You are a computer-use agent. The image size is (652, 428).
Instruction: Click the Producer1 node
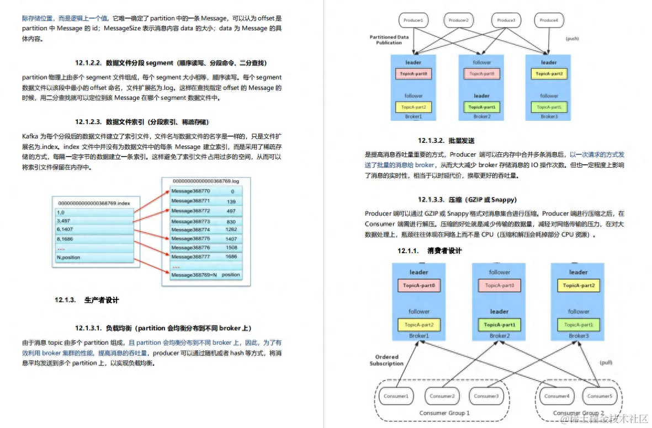coord(414,20)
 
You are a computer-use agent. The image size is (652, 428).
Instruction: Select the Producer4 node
coord(549,20)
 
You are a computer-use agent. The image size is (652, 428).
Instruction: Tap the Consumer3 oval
coord(486,395)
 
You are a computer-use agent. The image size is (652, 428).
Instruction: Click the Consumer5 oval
coord(600,395)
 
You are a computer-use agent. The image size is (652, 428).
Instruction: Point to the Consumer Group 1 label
coord(444,413)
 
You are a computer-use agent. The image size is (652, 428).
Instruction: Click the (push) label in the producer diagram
coord(573,39)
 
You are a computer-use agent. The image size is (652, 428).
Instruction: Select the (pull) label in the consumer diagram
coord(606,362)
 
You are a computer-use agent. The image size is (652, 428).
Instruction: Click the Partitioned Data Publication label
coord(389,40)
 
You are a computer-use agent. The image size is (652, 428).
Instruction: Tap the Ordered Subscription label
coord(386,360)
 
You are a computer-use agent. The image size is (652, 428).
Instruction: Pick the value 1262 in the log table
coord(231,229)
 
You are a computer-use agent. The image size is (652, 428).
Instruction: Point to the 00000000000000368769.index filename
coord(94,203)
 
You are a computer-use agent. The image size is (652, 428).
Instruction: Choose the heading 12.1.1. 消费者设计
coord(430,250)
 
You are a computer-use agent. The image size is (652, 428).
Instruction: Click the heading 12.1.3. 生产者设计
coord(87,300)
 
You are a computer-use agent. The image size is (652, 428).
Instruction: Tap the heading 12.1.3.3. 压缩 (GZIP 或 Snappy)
coord(467,199)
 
